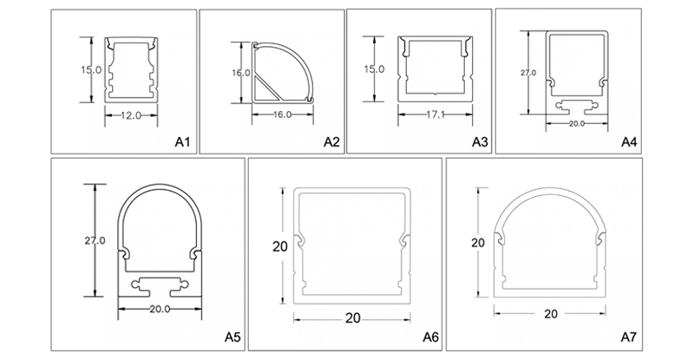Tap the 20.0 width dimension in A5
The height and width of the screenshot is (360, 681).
click(159, 308)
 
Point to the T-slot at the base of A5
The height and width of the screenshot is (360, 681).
click(159, 284)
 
